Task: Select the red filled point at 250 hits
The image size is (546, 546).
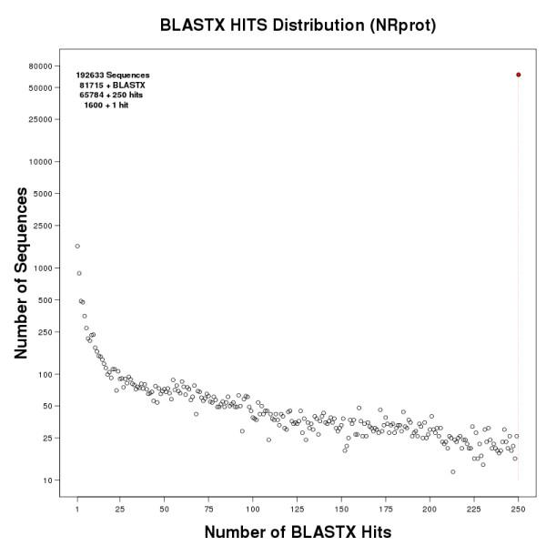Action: tap(519, 75)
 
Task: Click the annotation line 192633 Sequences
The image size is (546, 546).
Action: tap(113, 75)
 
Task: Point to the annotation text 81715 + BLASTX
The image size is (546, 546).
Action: tap(113, 85)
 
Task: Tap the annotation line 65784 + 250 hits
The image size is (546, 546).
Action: tap(113, 95)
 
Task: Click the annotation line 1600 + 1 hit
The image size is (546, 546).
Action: tap(113, 105)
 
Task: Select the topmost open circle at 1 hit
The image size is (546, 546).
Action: tap(77, 246)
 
